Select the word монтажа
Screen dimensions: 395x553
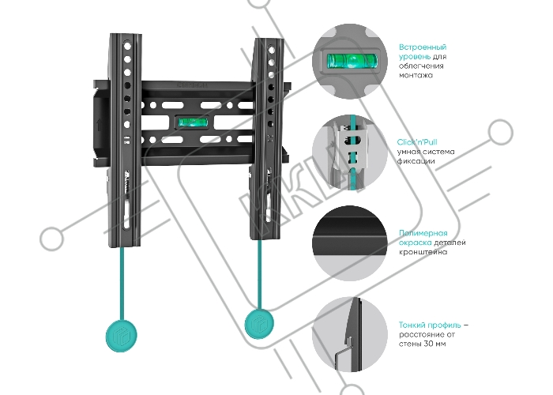tap(416, 77)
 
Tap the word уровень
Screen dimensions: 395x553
tap(416, 57)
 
